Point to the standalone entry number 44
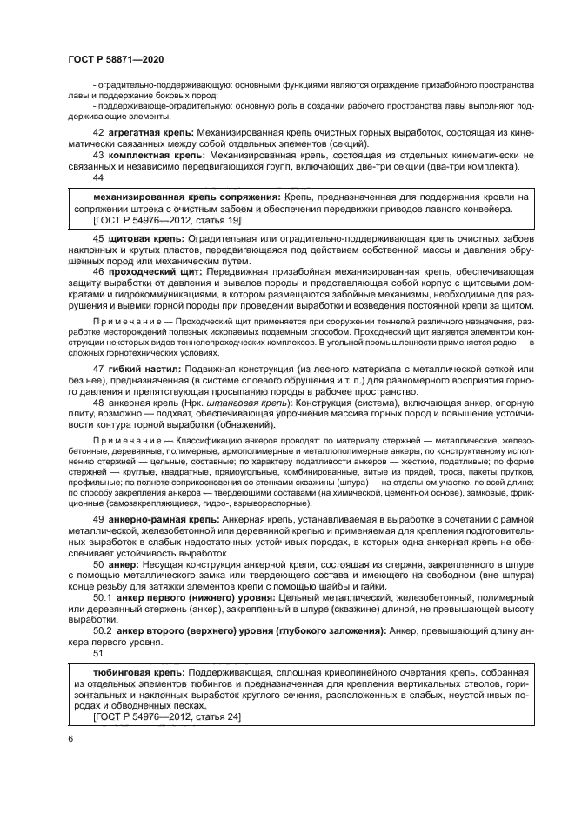[97, 177]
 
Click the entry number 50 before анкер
[97, 563]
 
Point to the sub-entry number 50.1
[102, 597]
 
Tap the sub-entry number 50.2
[102, 631]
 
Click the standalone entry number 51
[97, 654]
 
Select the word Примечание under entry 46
[122, 322]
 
